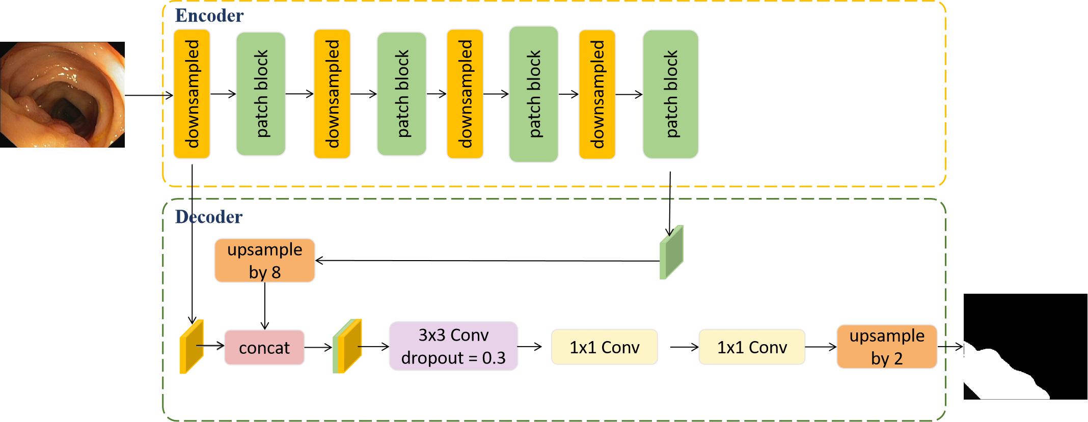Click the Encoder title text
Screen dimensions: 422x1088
(209, 16)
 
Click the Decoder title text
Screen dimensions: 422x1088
(209, 217)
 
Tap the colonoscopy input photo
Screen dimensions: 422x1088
(62, 95)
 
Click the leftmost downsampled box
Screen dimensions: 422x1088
(192, 94)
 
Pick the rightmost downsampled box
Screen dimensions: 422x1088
(597, 94)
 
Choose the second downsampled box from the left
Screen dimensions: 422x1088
(332, 94)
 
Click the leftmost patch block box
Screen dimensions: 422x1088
(261, 94)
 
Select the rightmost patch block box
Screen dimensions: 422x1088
(670, 94)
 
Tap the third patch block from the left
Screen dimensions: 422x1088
(533, 94)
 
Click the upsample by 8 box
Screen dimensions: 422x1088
(265, 261)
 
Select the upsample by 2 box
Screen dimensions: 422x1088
(887, 347)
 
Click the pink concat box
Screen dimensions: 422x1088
(264, 348)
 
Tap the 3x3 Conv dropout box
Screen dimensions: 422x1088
(453, 346)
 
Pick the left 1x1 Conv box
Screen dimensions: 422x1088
(604, 347)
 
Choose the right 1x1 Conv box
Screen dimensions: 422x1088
(752, 347)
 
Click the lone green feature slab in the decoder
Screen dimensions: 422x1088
(671, 253)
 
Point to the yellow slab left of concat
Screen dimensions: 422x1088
(192, 347)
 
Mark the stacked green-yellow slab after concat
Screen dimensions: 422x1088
(348, 347)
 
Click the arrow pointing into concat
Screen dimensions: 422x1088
(210, 347)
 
